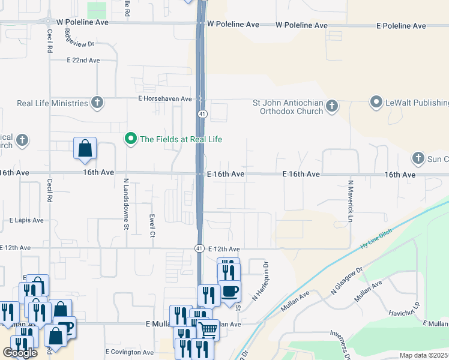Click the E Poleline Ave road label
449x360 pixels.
coord(401,26)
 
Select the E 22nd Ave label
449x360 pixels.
coord(83,61)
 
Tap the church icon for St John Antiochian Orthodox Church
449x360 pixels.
coord(332,107)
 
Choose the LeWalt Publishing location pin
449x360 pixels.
coord(376,103)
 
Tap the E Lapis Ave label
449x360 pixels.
coord(26,220)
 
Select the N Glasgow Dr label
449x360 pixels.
coord(347,281)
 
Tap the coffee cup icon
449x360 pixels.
coord(229,291)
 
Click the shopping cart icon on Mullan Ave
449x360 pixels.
coord(208,329)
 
